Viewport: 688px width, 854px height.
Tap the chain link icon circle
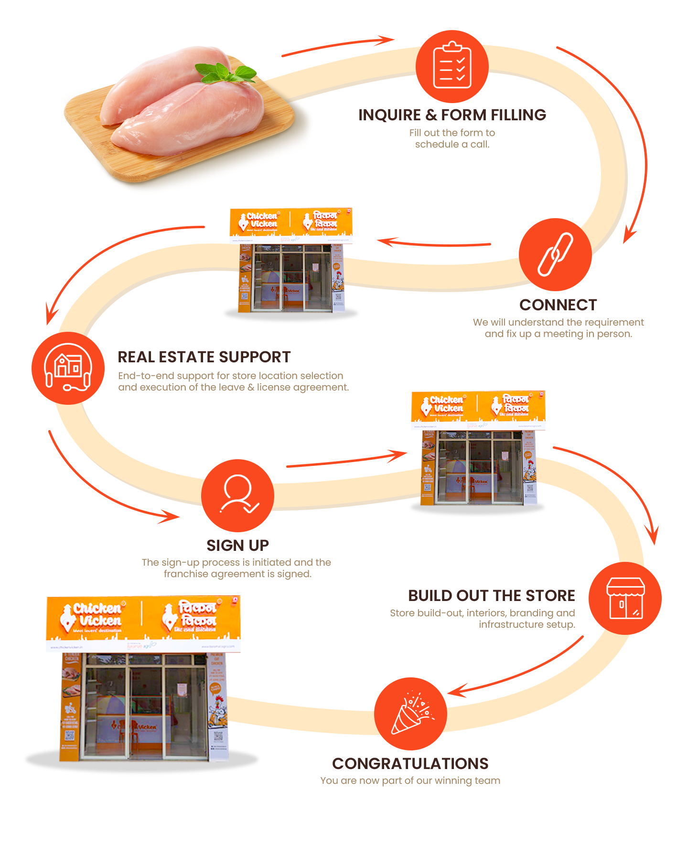click(x=555, y=254)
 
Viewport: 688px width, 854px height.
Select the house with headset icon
click(x=68, y=368)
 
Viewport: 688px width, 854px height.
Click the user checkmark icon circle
click(x=237, y=496)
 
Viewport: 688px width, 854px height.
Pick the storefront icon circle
click(x=625, y=598)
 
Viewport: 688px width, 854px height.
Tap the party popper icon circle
click(x=410, y=714)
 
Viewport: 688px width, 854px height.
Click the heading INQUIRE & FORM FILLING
click(x=452, y=115)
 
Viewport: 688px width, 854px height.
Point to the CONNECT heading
click(x=558, y=305)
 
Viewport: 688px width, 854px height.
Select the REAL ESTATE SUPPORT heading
click(x=204, y=357)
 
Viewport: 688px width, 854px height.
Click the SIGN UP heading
click(x=237, y=545)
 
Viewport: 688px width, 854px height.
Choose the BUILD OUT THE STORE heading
click(x=491, y=596)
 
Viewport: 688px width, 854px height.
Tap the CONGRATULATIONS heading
click(x=410, y=764)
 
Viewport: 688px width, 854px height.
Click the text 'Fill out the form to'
click(x=452, y=133)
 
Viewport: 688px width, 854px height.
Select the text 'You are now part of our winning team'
click(x=410, y=781)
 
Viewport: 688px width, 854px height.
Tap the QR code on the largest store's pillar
click(x=218, y=737)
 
